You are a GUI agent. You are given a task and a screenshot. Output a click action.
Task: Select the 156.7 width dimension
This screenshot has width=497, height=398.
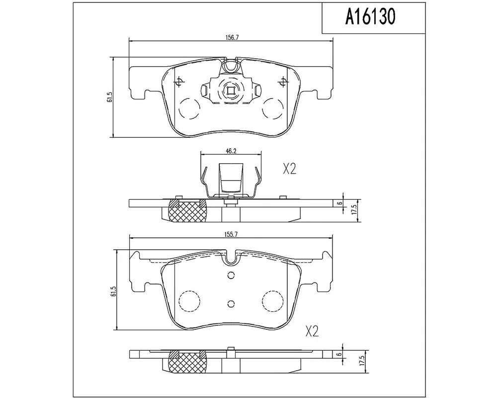coord(232,37)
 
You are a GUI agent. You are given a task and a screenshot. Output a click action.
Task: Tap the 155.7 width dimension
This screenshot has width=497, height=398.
coord(231,234)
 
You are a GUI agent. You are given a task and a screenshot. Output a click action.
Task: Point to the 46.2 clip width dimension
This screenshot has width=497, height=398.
coord(231,151)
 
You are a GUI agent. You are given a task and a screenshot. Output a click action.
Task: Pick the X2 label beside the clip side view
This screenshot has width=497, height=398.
coord(289,169)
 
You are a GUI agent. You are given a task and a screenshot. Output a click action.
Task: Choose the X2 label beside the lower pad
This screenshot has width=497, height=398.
coord(312,332)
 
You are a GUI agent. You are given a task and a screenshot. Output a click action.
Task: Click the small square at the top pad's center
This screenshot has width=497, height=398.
coord(231,91)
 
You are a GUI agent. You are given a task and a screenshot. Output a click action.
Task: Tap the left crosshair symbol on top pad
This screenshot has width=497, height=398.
coord(179,82)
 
